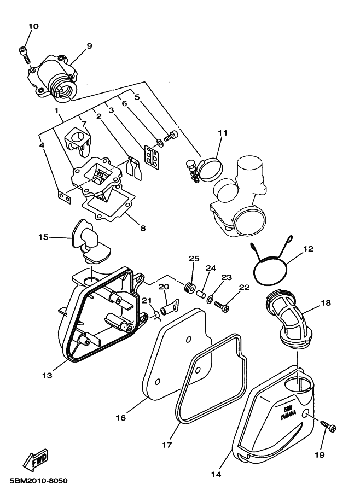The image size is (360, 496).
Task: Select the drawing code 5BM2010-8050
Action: (39, 481)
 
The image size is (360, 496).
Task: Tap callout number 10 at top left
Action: (33, 26)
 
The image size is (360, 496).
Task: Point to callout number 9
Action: (89, 46)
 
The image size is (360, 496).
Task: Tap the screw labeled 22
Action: (222, 307)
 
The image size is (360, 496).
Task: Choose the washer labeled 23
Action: (210, 299)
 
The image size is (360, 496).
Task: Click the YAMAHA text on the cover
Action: (288, 415)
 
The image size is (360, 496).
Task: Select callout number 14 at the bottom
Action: (216, 474)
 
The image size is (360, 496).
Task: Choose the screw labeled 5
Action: (171, 137)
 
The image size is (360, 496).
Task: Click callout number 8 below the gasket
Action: (143, 227)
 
